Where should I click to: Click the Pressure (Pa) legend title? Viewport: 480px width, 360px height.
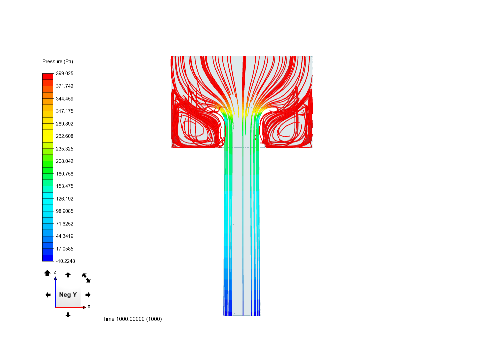pyautogui.click(x=58, y=61)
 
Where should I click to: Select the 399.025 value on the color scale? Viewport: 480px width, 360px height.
pyautogui.click(x=64, y=73)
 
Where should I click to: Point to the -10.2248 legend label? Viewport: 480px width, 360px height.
pyautogui.click(x=65, y=261)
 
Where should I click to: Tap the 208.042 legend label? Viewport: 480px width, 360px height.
pyautogui.click(x=64, y=161)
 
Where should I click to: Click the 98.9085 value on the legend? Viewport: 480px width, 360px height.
pyautogui.click(x=64, y=211)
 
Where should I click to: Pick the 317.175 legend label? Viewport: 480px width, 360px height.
pyautogui.click(x=64, y=111)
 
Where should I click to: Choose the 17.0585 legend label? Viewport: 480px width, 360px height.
pyautogui.click(x=64, y=249)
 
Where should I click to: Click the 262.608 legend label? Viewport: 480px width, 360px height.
pyautogui.click(x=64, y=136)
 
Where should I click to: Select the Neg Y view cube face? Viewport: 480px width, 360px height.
pyautogui.click(x=68, y=295)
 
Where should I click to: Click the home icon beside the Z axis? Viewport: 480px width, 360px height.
pyautogui.click(x=47, y=273)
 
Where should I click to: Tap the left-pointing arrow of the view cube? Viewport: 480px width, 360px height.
pyautogui.click(x=48, y=295)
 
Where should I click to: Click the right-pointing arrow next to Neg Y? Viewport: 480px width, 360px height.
pyautogui.click(x=88, y=295)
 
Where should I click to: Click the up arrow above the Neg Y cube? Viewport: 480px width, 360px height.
pyautogui.click(x=68, y=275)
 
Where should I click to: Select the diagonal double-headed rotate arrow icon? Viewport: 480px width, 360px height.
pyautogui.click(x=86, y=278)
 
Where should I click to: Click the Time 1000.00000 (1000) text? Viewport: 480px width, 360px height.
pyautogui.click(x=132, y=319)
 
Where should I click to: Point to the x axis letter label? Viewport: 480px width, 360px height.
pyautogui.click(x=89, y=306)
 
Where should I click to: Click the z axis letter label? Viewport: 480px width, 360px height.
pyautogui.click(x=55, y=272)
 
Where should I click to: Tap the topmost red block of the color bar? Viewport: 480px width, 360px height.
pyautogui.click(x=48, y=77)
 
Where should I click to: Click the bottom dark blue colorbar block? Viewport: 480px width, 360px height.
pyautogui.click(x=48, y=258)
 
